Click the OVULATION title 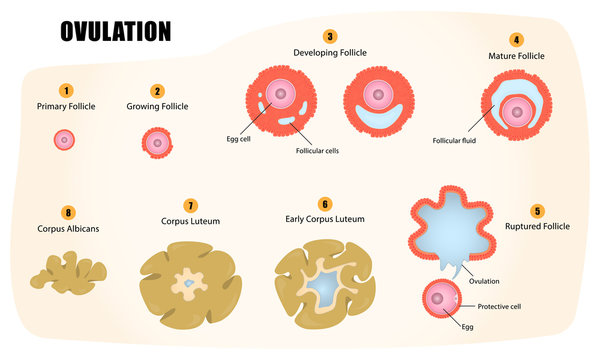point(116,31)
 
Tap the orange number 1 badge point(66,91)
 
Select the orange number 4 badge point(516,40)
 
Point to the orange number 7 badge point(191,206)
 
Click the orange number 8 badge point(68,213)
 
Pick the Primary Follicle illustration point(64,140)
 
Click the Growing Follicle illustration point(157,143)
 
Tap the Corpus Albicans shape point(69,273)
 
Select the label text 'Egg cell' point(238,139)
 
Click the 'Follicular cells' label point(317,151)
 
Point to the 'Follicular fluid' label point(454,141)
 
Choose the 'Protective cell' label point(499,306)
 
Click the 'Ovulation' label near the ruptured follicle point(484,281)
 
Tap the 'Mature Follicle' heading point(516,56)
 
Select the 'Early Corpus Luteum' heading point(325,219)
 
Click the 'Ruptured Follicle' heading point(537,226)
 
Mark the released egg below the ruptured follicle point(442,298)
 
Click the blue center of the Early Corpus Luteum point(324,286)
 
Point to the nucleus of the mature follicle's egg point(517,112)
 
